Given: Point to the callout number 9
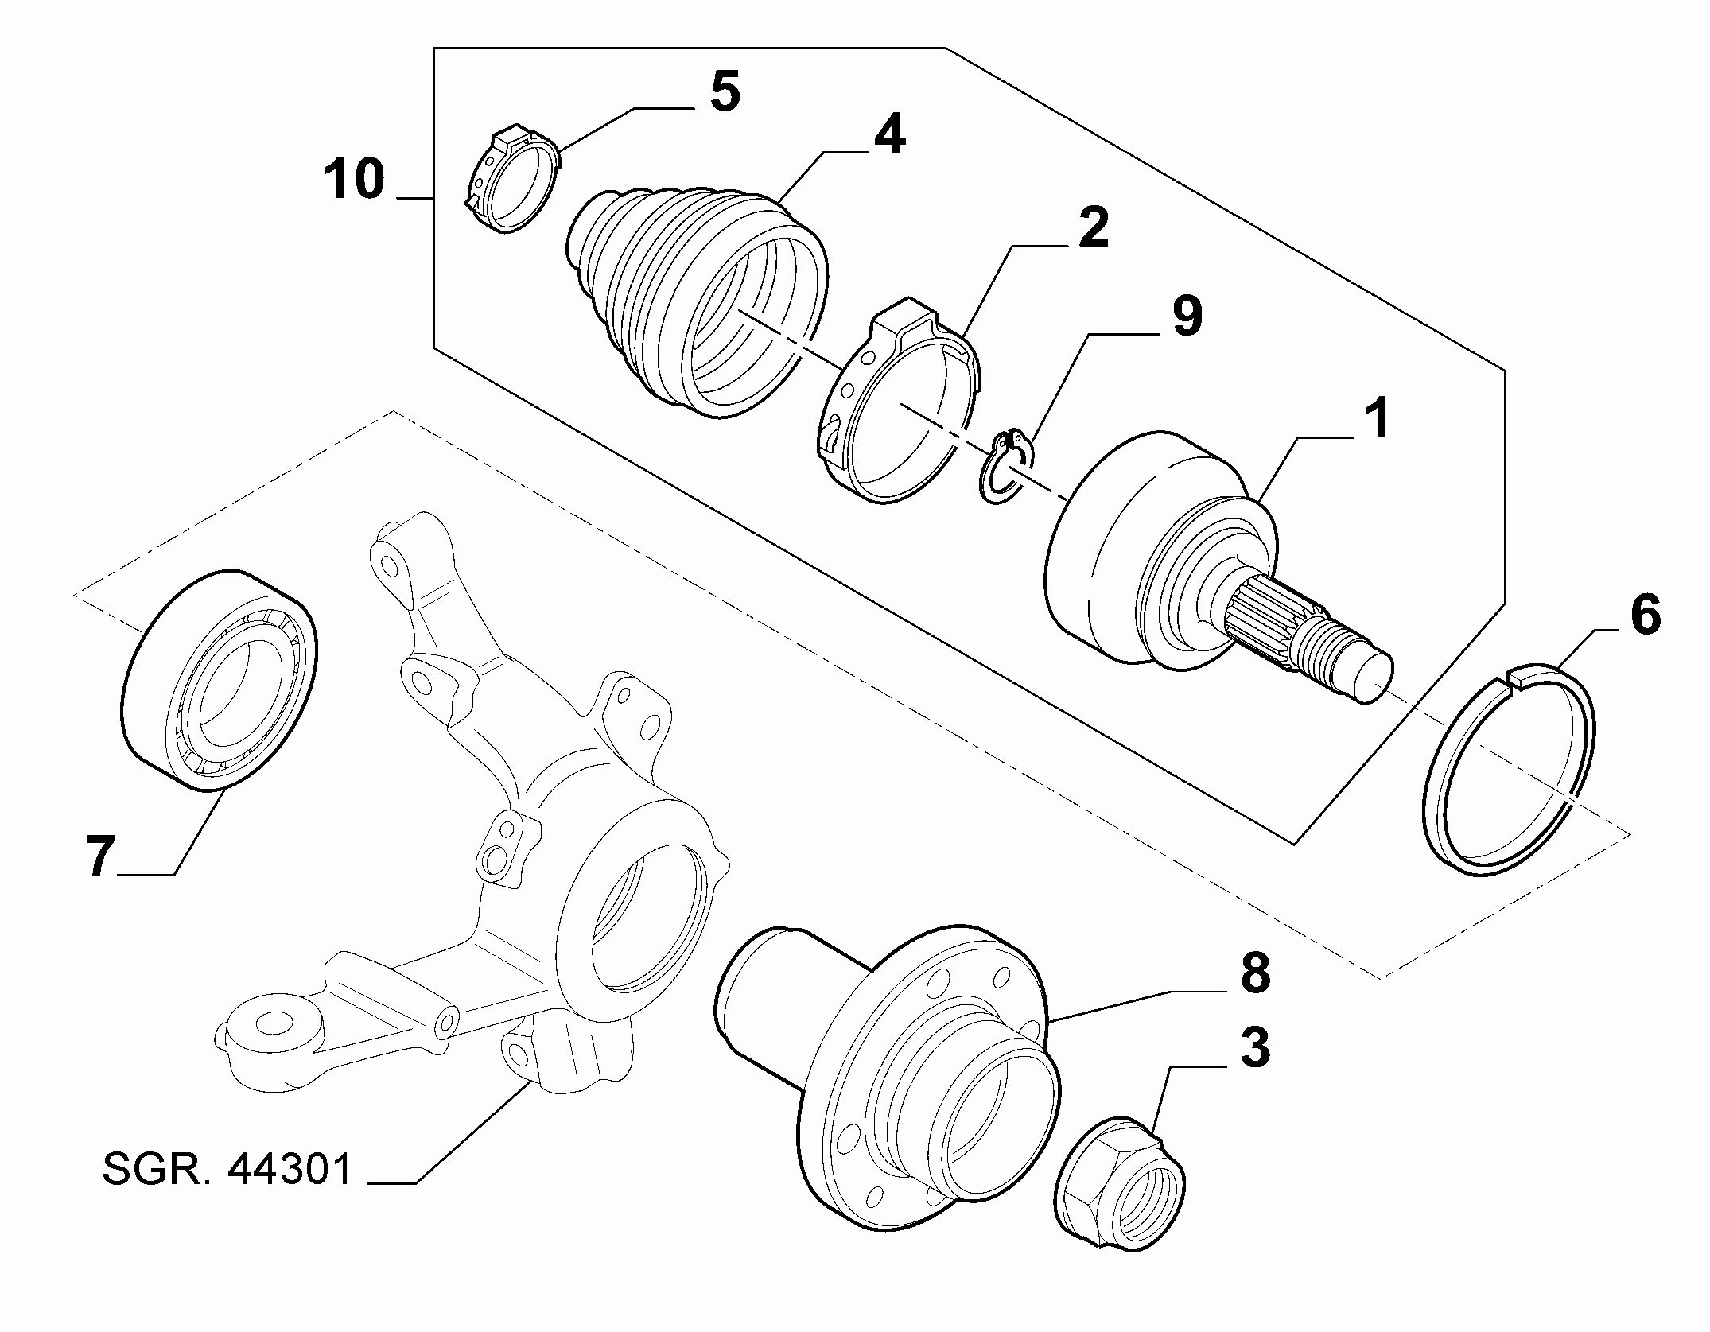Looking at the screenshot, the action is tap(1185, 317).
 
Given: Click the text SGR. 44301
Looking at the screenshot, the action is tap(227, 1170).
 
